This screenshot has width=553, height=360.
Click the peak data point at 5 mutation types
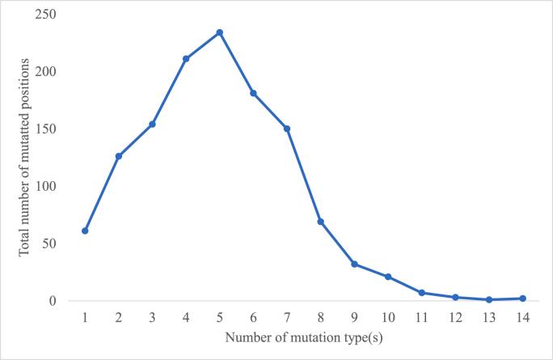pos(219,32)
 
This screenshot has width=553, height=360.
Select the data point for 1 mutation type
pos(85,231)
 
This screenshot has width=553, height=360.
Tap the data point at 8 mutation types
pos(321,222)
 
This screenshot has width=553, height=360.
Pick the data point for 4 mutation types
pos(186,58)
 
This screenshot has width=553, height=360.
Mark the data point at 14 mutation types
pos(523,299)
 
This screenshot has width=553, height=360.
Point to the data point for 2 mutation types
pos(118,156)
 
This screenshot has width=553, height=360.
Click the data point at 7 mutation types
pos(287,129)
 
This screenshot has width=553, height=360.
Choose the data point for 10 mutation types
pos(388,277)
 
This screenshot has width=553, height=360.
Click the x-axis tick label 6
pos(253,316)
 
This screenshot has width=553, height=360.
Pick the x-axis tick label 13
pos(489,316)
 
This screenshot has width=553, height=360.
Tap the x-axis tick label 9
pos(354,316)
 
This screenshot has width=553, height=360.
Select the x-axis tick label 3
pos(152,316)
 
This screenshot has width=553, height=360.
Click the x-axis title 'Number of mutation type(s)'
pos(304,337)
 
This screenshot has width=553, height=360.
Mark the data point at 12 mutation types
pos(456,297)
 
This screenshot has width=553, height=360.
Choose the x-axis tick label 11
pos(422,316)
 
